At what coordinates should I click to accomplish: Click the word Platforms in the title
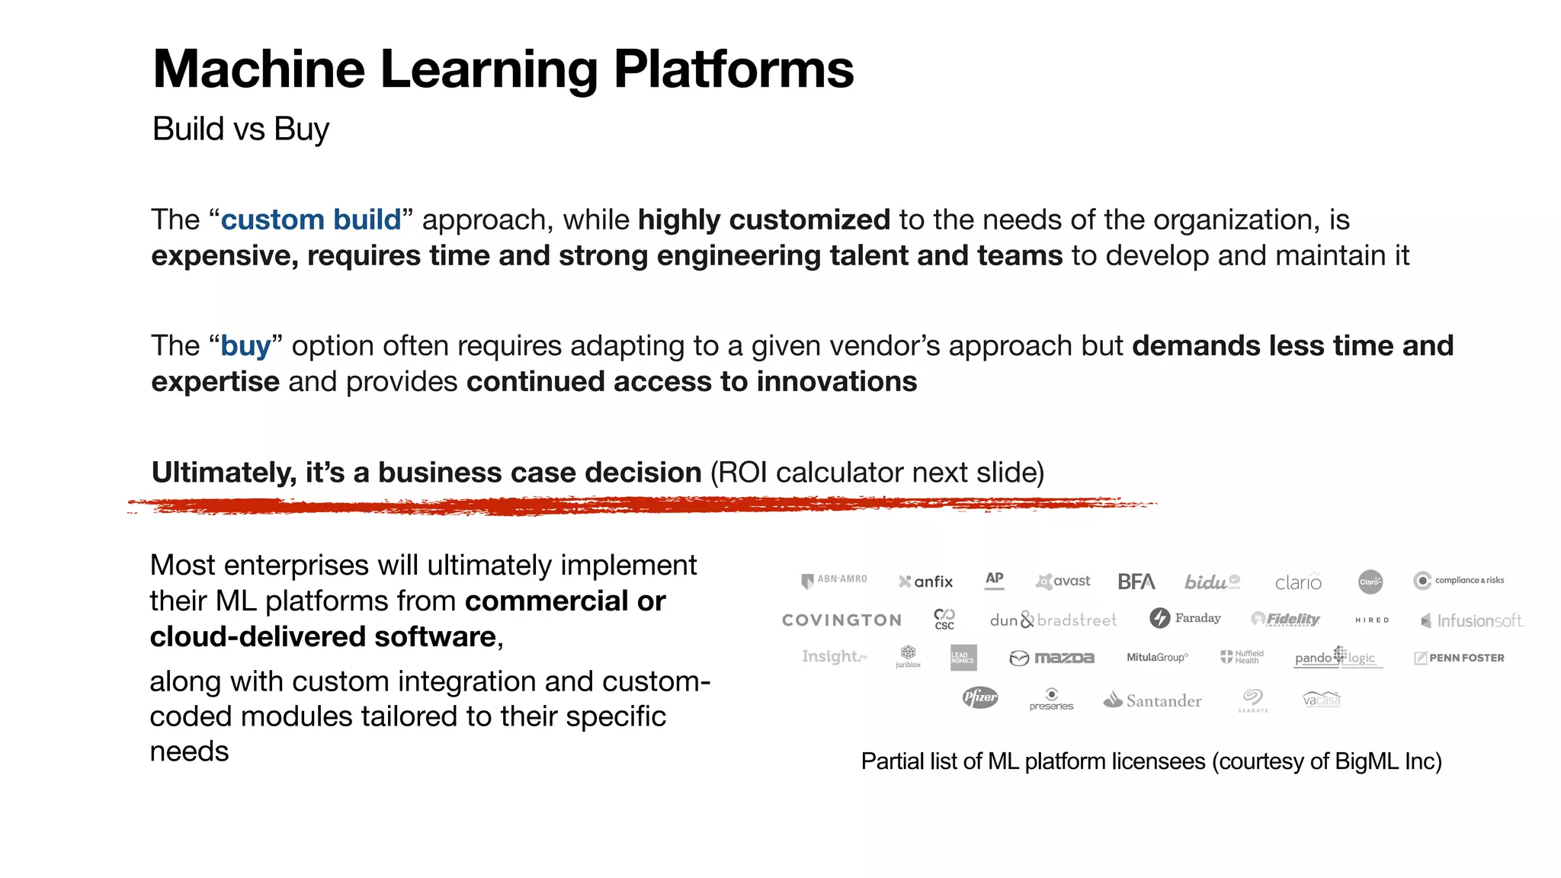[733, 70]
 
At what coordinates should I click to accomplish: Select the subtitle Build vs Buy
[241, 129]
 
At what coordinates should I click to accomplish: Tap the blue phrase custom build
[311, 220]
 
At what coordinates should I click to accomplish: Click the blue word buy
[245, 346]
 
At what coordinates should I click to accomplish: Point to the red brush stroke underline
[640, 505]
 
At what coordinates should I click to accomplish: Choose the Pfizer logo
[979, 697]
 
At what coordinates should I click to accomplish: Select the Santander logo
[1152, 700]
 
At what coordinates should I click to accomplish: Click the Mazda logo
[1052, 658]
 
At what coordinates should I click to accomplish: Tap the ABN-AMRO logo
[835, 580]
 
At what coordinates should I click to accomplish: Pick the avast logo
[1063, 582]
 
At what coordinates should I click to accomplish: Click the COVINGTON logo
[841, 620]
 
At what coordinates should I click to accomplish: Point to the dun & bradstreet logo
[1053, 620]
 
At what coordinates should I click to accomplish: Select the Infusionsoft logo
[1473, 621]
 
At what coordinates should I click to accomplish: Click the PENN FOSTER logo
[1459, 658]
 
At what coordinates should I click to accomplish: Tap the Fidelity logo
[1286, 619]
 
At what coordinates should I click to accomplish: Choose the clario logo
[1298, 582]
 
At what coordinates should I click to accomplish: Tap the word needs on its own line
[189, 752]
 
